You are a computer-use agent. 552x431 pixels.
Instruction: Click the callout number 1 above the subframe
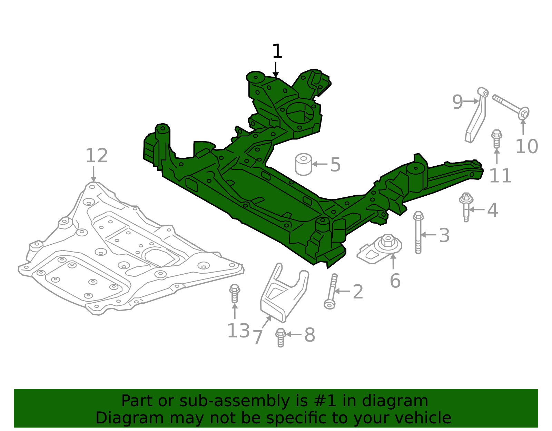277,52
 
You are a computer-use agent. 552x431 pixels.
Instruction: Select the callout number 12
96,156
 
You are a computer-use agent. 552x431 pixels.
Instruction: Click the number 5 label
335,165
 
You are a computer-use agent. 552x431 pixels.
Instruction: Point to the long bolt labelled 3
418,233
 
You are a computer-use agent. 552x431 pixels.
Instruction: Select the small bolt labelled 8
280,337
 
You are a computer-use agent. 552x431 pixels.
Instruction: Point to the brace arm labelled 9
477,116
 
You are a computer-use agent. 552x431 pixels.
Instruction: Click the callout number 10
526,147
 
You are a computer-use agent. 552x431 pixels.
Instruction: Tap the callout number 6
395,281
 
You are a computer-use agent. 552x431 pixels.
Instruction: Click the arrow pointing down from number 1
275,69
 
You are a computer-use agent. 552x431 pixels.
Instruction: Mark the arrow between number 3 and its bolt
429,235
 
